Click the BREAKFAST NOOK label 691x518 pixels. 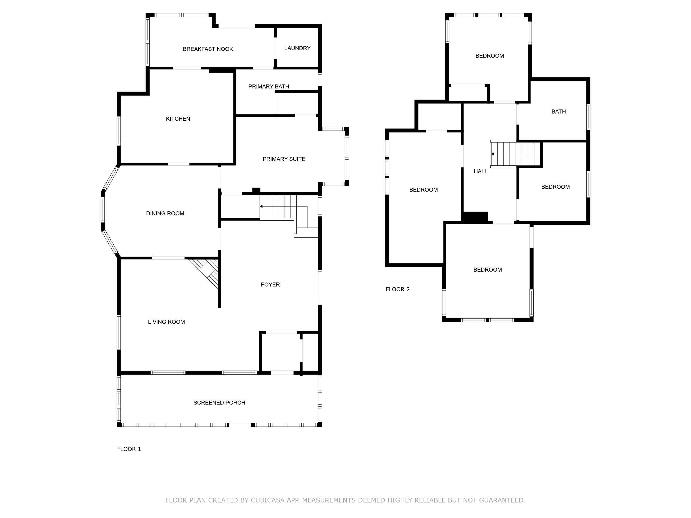[x=208, y=49]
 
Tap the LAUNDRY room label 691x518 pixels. [x=297, y=48]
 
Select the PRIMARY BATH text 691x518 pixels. [x=268, y=87]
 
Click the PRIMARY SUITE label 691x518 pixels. [x=284, y=159]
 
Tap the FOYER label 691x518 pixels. [x=270, y=284]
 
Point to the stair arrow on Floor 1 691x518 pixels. [x=261, y=206]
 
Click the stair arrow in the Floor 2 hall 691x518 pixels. [x=493, y=154]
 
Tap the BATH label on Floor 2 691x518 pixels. [x=558, y=112]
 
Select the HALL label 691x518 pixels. [x=480, y=171]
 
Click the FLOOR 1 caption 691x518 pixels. [x=129, y=449]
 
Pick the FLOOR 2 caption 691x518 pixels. [x=397, y=289]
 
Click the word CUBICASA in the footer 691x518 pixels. [x=267, y=500]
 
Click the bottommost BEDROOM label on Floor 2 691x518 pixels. [x=487, y=270]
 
